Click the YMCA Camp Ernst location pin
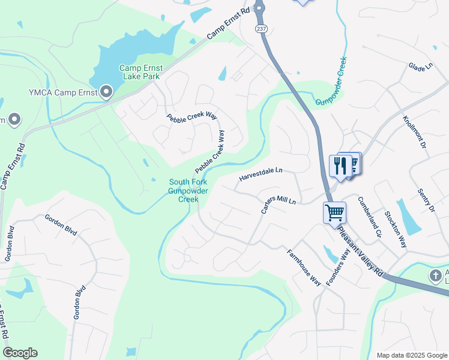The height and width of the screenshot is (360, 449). click(x=106, y=92)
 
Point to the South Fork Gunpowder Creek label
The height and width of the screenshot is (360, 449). click(x=188, y=191)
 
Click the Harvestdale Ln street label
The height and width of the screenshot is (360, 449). click(x=261, y=175)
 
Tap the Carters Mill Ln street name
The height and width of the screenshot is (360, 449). click(x=278, y=204)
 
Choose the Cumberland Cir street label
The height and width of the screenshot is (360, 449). click(x=369, y=217)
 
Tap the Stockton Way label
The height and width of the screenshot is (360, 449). click(x=396, y=229)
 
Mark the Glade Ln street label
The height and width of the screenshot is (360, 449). click(x=420, y=67)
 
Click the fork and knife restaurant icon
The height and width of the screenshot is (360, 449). click(x=340, y=166)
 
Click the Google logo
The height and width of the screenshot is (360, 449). click(x=20, y=353)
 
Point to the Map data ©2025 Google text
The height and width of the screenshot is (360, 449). click(x=411, y=355)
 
